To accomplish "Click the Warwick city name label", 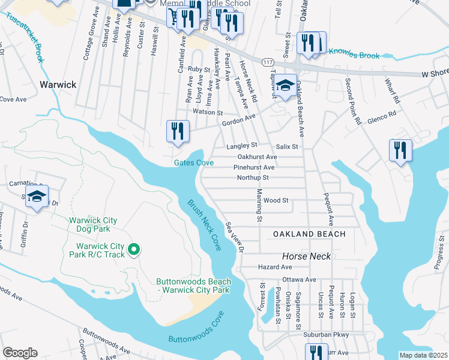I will point(58,85).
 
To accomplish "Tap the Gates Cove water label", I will point(194,163).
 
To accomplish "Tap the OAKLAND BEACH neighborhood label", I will point(309,233).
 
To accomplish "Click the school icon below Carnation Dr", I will point(37,197).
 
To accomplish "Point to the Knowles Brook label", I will point(352,55).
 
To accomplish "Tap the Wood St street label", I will point(276,200).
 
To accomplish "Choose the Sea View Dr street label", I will point(235,237).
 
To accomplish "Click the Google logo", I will point(20,353).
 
